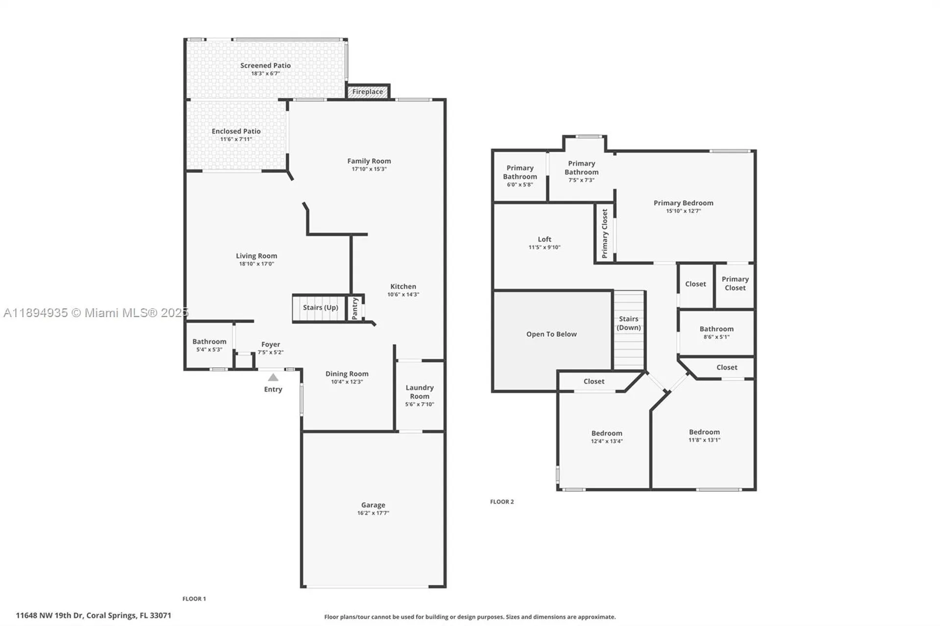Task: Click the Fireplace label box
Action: [368, 92]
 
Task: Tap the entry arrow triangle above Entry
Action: [273, 377]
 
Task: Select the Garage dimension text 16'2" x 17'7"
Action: [373, 513]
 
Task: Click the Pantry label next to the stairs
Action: [355, 308]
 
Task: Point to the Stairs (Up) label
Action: [320, 307]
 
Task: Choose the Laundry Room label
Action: [420, 392]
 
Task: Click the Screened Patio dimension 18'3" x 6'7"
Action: [265, 73]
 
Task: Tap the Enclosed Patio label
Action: [236, 131]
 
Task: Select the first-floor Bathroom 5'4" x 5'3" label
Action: [209, 342]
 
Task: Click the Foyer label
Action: [270, 345]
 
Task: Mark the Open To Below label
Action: [551, 334]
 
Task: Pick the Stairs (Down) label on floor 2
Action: [629, 323]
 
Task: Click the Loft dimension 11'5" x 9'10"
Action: [544, 247]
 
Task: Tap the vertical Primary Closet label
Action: [605, 233]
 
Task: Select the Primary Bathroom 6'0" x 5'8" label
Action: [519, 172]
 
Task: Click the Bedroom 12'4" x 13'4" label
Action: [607, 433]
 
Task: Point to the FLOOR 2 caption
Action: [502, 502]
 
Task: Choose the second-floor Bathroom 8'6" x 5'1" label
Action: [716, 329]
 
